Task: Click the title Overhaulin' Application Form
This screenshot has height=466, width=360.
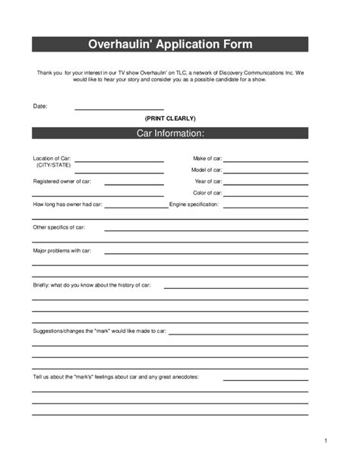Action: tap(169, 44)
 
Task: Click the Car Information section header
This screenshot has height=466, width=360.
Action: tap(169, 134)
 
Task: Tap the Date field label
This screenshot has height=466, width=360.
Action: tap(40, 106)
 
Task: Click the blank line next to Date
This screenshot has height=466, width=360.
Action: tap(118, 108)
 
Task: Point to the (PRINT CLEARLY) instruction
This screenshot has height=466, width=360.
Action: tap(170, 119)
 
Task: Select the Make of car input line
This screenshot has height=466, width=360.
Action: tap(265, 160)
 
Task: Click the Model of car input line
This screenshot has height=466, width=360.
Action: tap(265, 172)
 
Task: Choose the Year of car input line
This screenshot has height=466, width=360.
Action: tap(265, 183)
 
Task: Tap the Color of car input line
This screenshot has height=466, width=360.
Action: tap(265, 195)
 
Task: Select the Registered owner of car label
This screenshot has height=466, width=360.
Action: tap(62, 182)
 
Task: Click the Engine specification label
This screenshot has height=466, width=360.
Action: tap(194, 204)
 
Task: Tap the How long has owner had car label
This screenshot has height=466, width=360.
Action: tap(67, 204)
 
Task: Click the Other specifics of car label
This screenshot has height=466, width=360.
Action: tap(58, 227)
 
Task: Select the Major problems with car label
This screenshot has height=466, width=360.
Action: tap(62, 250)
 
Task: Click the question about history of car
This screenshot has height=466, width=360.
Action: tap(91, 285)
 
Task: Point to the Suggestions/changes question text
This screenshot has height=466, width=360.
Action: tap(99, 331)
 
